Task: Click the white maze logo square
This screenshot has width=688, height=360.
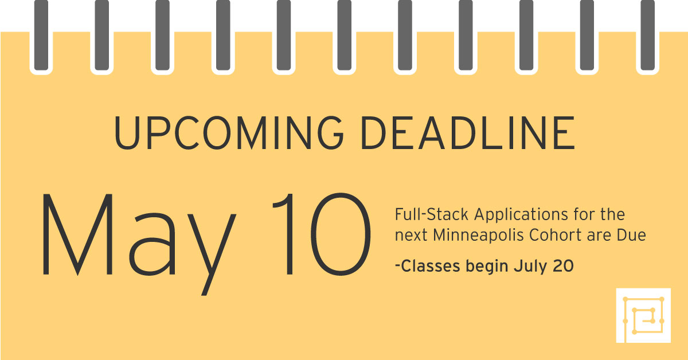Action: (x=643, y=315)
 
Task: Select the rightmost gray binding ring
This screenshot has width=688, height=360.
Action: (x=647, y=35)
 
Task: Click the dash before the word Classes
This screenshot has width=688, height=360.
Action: (x=398, y=267)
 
